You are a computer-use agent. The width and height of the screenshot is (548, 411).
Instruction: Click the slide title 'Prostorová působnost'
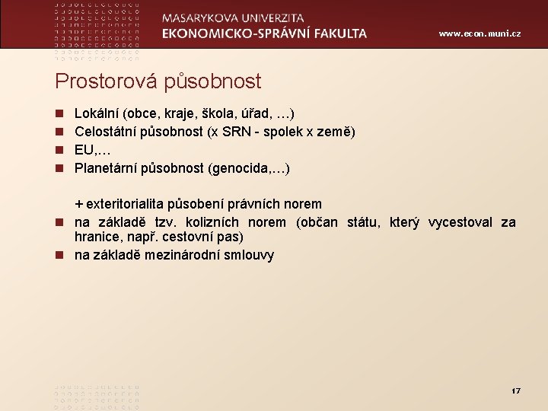tap(158, 81)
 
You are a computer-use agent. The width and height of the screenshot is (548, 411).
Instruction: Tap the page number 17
tap(515, 390)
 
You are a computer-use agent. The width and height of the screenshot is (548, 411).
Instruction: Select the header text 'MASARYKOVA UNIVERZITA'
tap(233, 18)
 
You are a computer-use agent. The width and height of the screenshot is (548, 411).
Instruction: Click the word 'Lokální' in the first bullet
tap(97, 113)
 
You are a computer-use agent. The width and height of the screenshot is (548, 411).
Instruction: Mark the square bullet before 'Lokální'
tap(59, 114)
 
